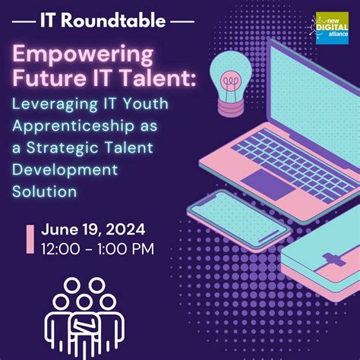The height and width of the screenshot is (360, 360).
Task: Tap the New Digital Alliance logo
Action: click(332, 28)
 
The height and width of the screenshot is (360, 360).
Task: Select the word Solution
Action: click(45, 191)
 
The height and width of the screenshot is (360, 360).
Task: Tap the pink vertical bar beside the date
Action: click(30, 238)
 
